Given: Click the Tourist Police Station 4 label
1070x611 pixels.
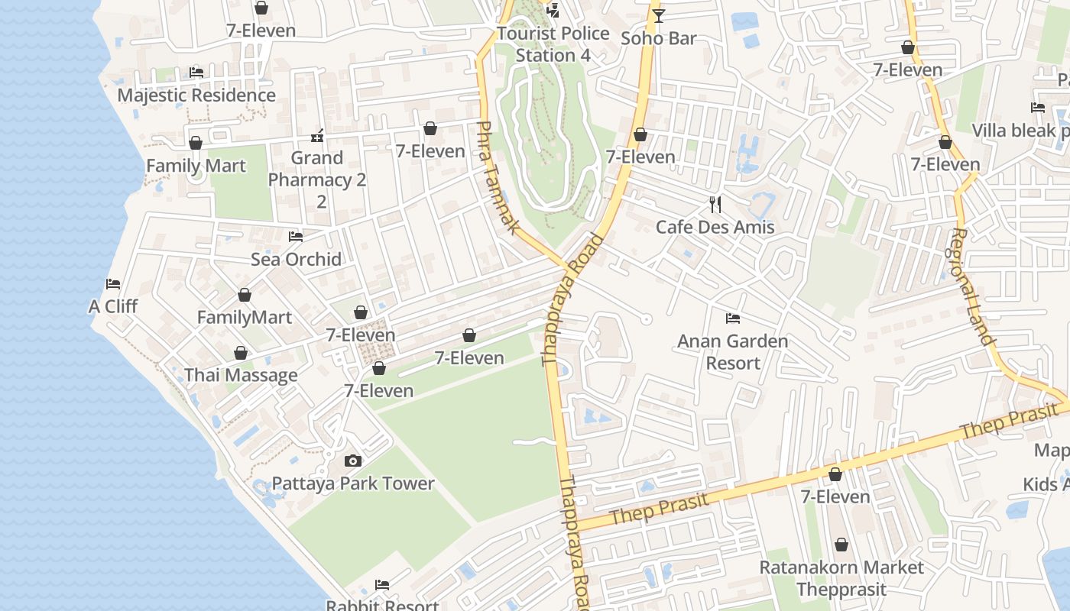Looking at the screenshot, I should pos(553,44).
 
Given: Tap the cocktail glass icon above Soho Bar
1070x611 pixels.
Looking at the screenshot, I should pos(658,15).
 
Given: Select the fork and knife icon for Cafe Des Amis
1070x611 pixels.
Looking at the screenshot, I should pos(715,204).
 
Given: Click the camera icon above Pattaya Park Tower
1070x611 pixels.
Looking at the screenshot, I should pos(352,461).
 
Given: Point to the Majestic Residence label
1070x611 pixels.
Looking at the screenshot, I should pos(196,95).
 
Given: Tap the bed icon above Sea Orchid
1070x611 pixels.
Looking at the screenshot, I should pos(296,237).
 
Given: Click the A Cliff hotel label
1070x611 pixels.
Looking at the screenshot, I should pos(113,306).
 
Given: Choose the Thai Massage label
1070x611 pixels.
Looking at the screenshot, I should pos(241,375).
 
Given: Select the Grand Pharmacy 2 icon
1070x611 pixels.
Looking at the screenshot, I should pos(317,136).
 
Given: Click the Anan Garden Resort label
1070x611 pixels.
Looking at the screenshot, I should pos(732,351).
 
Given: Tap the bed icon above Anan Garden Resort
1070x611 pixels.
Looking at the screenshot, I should pos(732,318).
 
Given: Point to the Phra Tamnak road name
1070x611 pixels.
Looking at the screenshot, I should pos(498,177).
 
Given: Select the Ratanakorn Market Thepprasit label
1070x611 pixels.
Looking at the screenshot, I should pos(841,578).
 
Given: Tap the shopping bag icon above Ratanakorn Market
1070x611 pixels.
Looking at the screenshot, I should pos(841,545).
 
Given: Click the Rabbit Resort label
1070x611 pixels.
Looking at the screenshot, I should pos(382,605).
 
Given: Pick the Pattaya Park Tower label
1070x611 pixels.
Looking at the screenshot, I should pos(353,483).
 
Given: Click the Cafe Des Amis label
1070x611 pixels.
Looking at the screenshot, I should pos(715,227).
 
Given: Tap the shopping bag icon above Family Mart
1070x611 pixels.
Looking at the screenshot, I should pos(196,143).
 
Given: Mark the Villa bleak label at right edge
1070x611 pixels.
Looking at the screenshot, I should pos(1020,131).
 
